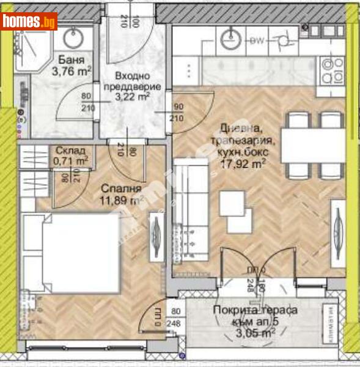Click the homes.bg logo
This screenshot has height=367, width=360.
29,22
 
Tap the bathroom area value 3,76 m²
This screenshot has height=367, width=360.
71,72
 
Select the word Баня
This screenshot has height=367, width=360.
70,60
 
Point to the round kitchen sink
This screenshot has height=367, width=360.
230,40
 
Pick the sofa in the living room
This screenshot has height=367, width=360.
186,208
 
